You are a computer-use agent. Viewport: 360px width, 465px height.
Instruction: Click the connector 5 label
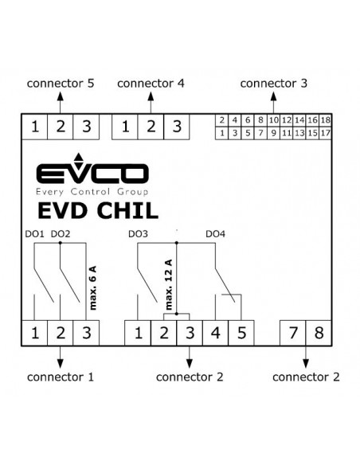pos(61,84)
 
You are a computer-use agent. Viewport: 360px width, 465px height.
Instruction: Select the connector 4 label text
pos(151,84)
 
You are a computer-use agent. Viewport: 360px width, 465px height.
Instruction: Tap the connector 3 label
pos(274,84)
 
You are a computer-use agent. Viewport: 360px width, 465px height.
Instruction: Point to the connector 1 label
pos(61,377)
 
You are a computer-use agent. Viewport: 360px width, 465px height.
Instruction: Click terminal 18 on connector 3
pos(325,120)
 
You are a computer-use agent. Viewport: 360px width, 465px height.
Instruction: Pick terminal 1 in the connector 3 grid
pos(221,133)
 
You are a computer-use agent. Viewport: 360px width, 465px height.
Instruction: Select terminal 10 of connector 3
pos(274,120)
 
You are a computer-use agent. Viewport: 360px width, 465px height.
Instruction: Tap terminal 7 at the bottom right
pos(293,333)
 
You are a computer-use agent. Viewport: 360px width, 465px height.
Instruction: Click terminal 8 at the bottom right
pos(319,333)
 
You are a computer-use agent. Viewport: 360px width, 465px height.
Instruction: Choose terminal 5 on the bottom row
pos(241,333)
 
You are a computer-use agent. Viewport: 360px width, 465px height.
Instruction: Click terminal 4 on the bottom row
pos(216,333)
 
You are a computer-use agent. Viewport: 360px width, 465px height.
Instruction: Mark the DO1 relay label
pos(34,234)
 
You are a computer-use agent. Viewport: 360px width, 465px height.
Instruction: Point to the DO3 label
pos(138,234)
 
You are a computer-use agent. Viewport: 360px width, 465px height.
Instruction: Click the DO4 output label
pos(216,234)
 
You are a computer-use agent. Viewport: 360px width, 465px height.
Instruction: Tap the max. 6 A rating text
pos(93,288)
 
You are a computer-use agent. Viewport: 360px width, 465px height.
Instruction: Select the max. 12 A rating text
pos(168,285)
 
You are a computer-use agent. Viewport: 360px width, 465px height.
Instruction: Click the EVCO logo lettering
pos(92,173)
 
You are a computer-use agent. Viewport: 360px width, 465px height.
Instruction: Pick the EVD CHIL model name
pos(98,210)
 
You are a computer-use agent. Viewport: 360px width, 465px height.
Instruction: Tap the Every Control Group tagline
pos(92,192)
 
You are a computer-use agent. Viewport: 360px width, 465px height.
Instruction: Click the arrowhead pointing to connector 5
pos(61,96)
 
